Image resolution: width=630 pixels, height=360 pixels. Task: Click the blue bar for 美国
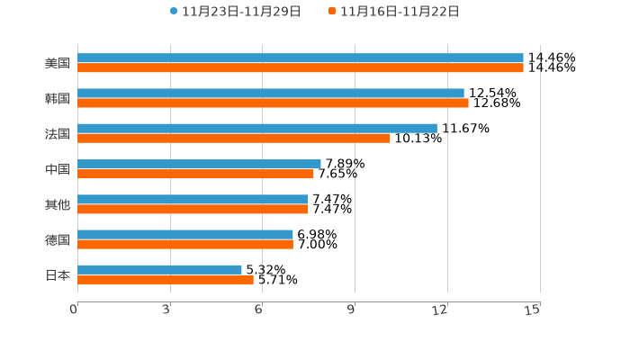pyautogui.click(x=301, y=58)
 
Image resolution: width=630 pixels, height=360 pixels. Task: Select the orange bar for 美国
pyautogui.click(x=301, y=67)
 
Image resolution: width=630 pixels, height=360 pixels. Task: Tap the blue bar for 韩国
pyautogui.click(x=271, y=93)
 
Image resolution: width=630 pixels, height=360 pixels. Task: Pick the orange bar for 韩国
pyautogui.click(x=273, y=103)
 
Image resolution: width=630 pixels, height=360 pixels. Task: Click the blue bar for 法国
pyautogui.click(x=257, y=128)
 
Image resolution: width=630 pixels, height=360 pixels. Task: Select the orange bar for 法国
pyautogui.click(x=234, y=138)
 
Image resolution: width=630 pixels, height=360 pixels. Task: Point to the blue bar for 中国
pyautogui.click(x=199, y=164)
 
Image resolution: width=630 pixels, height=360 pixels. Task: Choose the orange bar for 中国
pyautogui.click(x=195, y=174)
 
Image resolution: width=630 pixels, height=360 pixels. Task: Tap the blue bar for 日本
pyautogui.click(x=159, y=269)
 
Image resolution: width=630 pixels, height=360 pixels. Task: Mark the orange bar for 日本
pyautogui.click(x=166, y=279)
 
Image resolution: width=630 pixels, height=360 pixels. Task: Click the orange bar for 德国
pyautogui.click(x=185, y=244)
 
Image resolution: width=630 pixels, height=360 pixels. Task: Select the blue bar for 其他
pyautogui.click(x=193, y=199)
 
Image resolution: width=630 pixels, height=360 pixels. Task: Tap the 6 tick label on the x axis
pyautogui.click(x=258, y=310)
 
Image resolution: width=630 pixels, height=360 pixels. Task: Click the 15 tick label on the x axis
pyautogui.click(x=533, y=310)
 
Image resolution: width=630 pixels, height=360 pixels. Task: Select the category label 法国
pyautogui.click(x=58, y=133)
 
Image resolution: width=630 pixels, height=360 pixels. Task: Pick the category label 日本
pyautogui.click(x=58, y=274)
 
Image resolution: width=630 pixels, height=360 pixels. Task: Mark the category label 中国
pyautogui.click(x=58, y=169)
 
